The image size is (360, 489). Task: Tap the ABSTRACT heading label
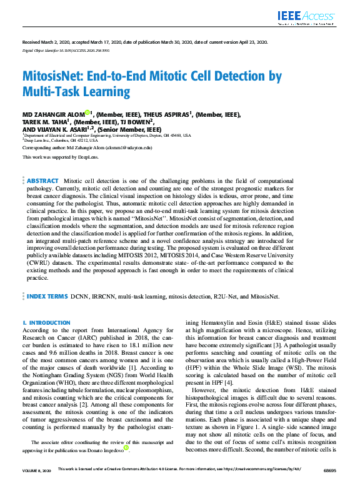point(42,180)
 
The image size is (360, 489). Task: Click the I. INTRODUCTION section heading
point(46,322)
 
